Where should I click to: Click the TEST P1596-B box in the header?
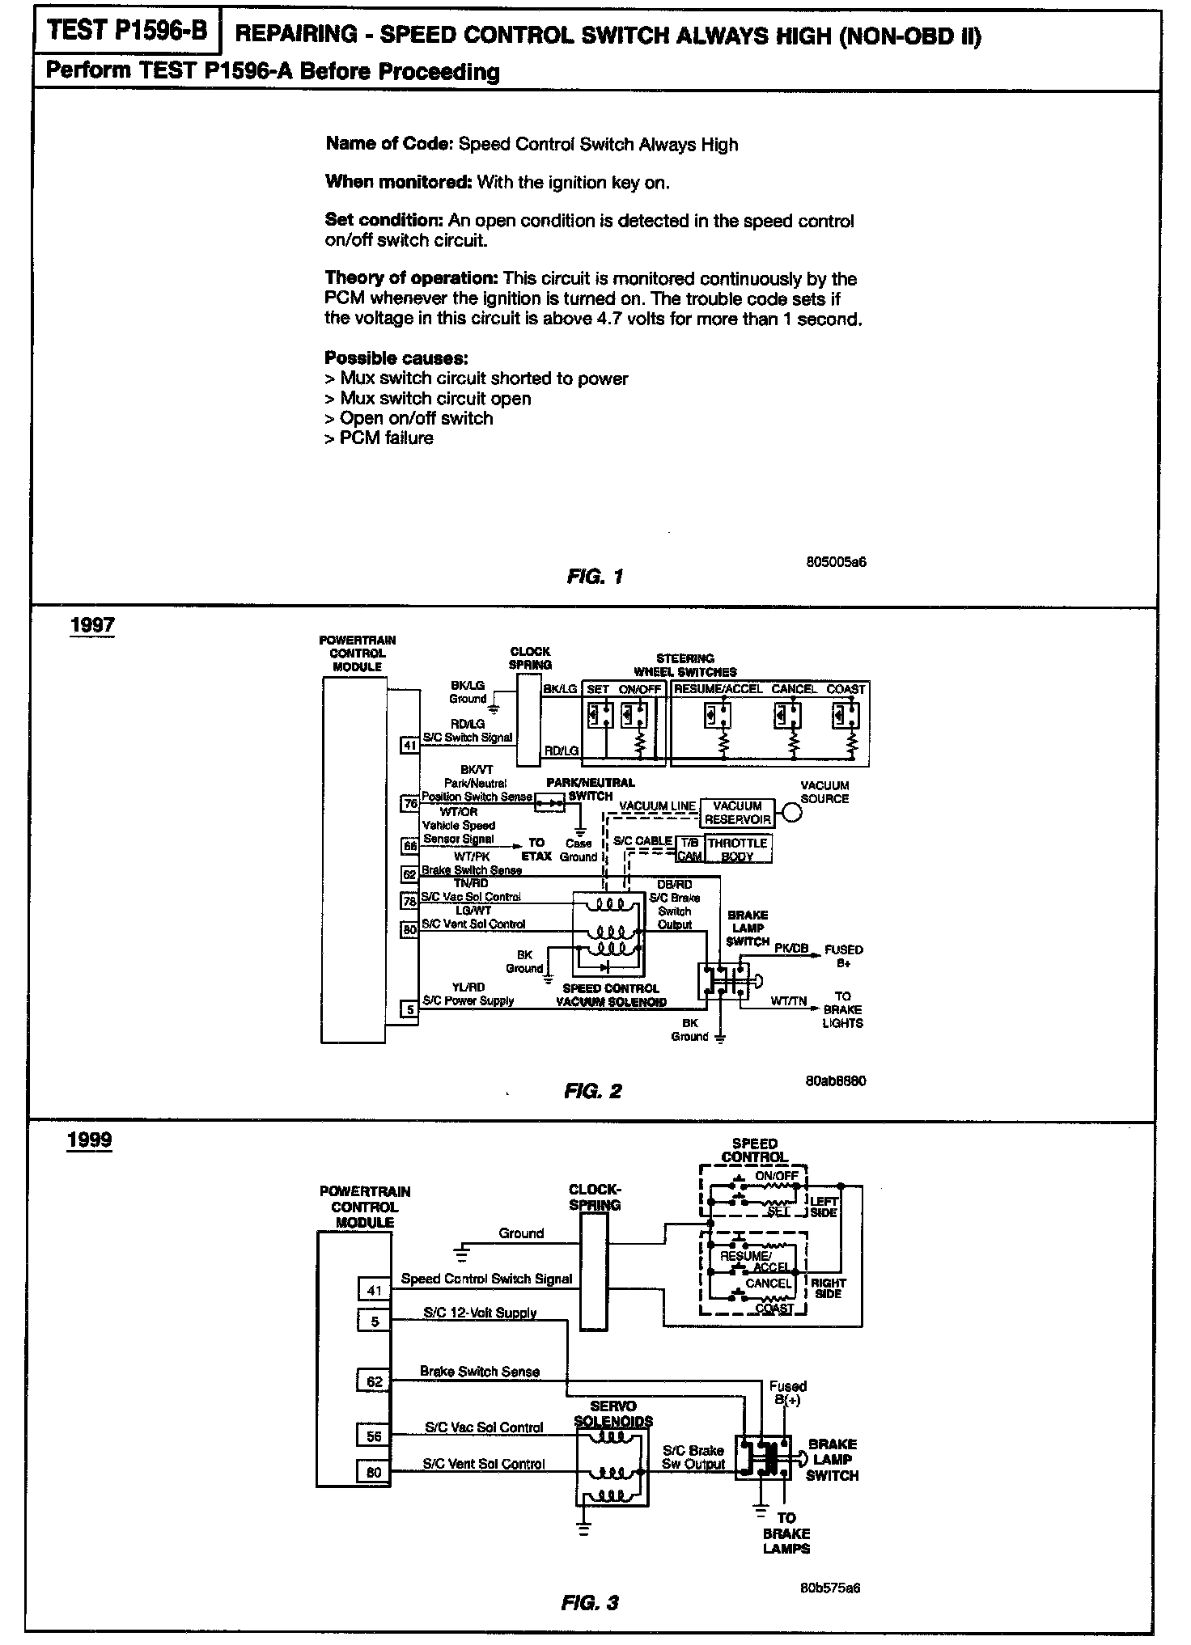coord(127,32)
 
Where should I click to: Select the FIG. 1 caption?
coord(595,577)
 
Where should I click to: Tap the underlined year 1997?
coord(92,625)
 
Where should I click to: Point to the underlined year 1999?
coord(90,1140)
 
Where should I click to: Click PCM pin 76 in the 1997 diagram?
coord(410,804)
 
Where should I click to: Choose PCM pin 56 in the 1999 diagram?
coord(374,1436)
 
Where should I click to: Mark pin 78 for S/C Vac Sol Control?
coord(410,900)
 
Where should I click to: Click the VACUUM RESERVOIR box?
coord(737,812)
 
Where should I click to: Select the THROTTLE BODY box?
coord(737,849)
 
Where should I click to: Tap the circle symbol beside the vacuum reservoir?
coord(792,813)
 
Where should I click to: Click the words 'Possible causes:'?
coord(396,357)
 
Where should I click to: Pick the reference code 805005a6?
coord(836,561)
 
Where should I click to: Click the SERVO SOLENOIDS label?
coord(613,1414)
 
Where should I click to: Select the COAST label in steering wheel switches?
coord(846,689)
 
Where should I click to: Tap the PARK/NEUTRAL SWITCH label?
coord(591,789)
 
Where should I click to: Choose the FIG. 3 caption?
coord(589,1602)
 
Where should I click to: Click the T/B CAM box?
coord(689,849)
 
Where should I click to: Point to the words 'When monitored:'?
coord(398,182)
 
